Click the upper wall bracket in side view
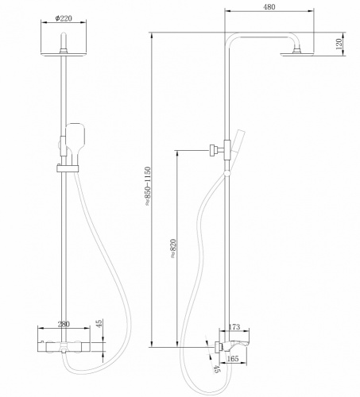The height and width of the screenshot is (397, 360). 214,149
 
